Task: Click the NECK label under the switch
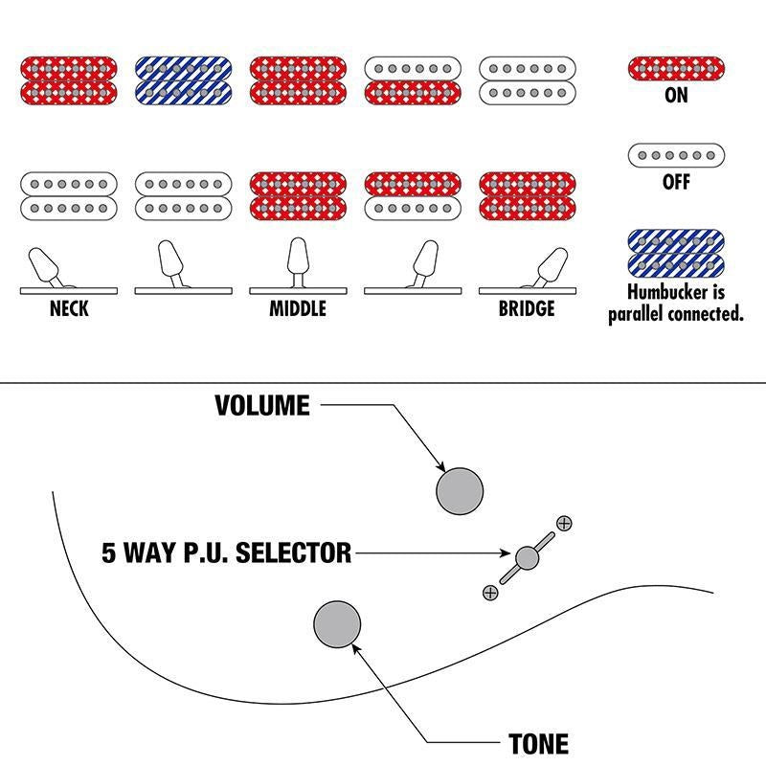coord(69,308)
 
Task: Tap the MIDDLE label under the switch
coord(298,308)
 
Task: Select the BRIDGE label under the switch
coord(527,308)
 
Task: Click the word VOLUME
coord(262,405)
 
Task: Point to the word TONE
coord(539,744)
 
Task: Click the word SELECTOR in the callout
coord(294,553)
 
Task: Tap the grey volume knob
coord(460,491)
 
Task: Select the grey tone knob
coord(337,624)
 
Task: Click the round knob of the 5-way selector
coord(528,558)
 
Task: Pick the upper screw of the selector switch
coord(564,523)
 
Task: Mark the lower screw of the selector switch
coord(490,593)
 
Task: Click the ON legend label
coord(676,95)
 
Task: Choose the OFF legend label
coord(676,182)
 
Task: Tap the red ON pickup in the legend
coord(676,68)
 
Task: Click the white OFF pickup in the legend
coord(676,155)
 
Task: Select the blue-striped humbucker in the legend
coord(676,254)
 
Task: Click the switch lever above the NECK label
coord(44,267)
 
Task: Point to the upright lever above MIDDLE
coord(298,262)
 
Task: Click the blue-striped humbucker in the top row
coord(183,80)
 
